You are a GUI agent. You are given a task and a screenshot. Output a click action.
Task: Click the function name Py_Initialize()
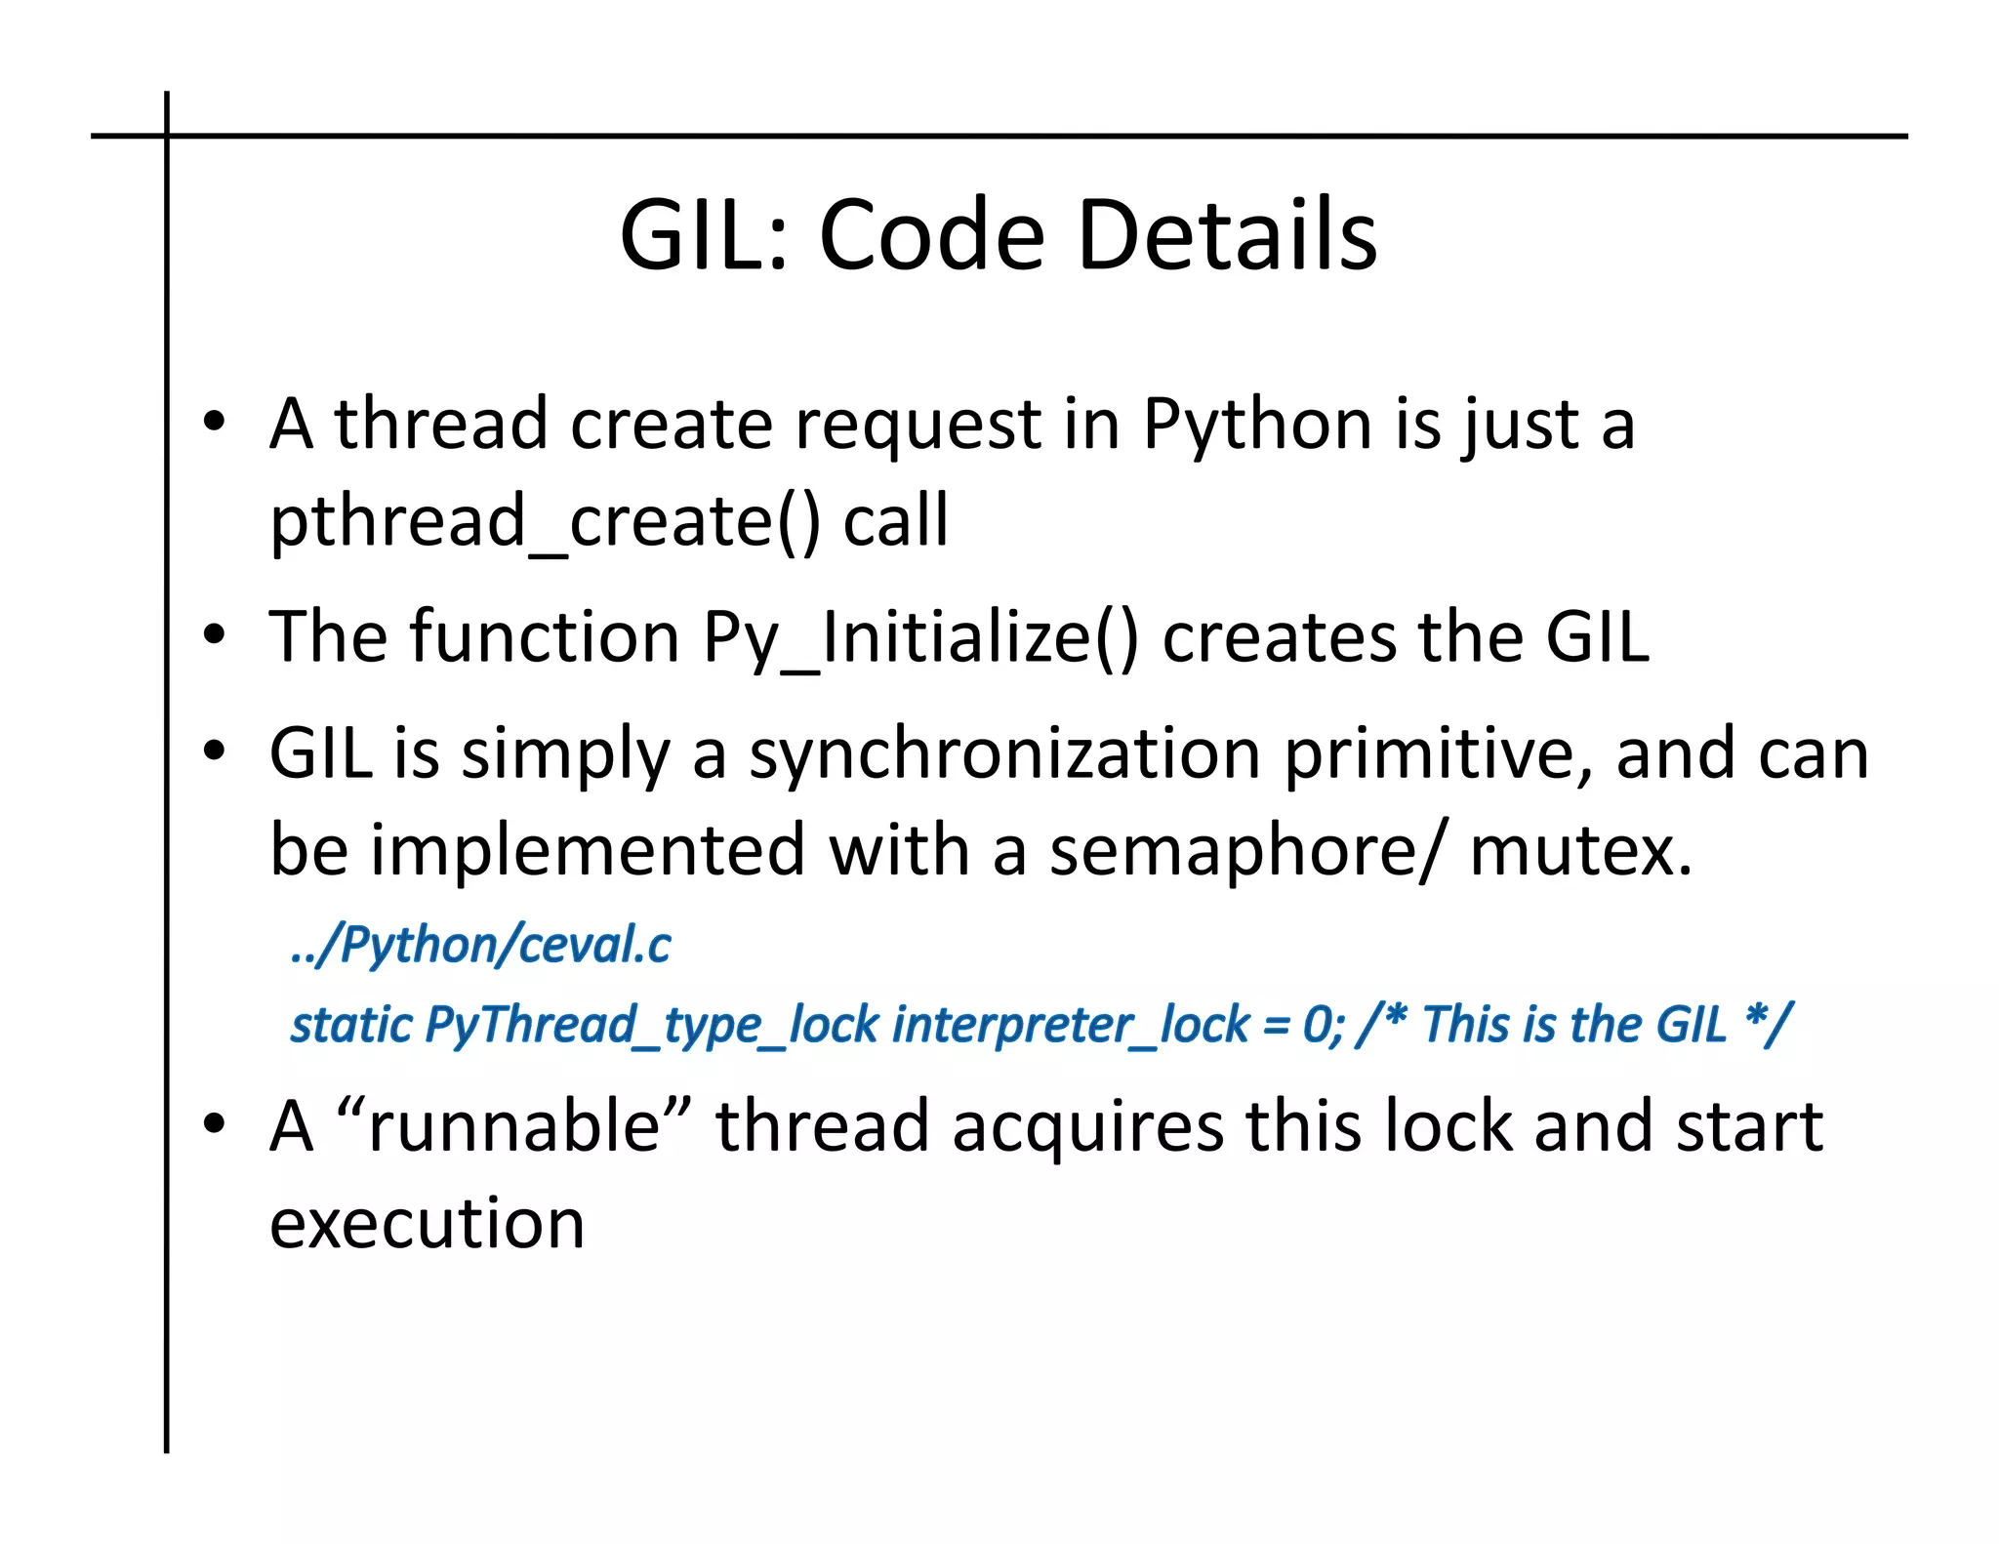[x=920, y=638]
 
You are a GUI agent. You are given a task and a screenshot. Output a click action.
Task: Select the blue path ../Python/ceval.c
[x=481, y=945]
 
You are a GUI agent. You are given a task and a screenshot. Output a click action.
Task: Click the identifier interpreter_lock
[x=1071, y=1025]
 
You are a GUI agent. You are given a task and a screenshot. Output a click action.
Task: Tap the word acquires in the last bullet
[x=1087, y=1126]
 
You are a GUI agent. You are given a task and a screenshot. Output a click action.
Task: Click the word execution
[x=427, y=1224]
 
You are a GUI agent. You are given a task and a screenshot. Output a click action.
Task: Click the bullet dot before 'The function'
[x=214, y=636]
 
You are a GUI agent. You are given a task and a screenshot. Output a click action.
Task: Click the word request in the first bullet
[x=918, y=426]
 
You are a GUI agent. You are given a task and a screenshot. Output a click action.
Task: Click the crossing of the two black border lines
[x=167, y=136]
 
